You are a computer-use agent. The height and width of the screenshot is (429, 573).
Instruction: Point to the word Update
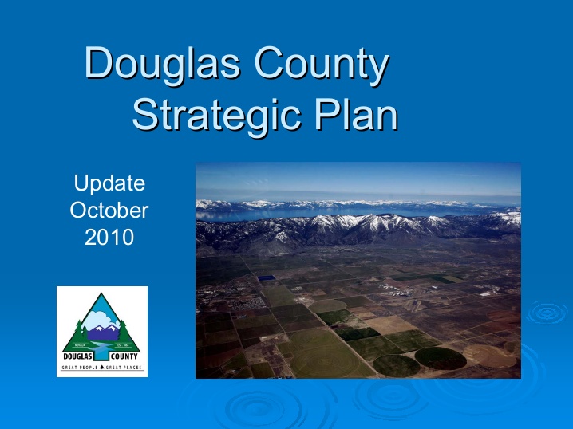click(109, 183)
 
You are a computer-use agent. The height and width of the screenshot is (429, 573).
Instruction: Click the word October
click(109, 211)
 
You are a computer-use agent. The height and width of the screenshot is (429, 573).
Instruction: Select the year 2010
click(109, 237)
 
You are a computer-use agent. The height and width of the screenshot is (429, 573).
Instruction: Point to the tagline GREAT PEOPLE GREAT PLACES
click(102, 368)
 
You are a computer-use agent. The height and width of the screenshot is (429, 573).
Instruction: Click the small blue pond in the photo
click(266, 277)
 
